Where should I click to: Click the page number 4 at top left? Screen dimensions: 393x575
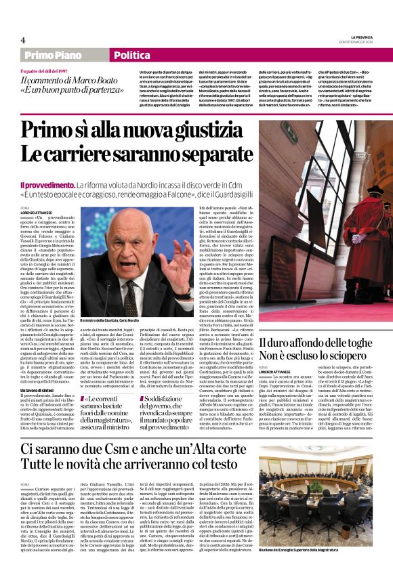(23, 40)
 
